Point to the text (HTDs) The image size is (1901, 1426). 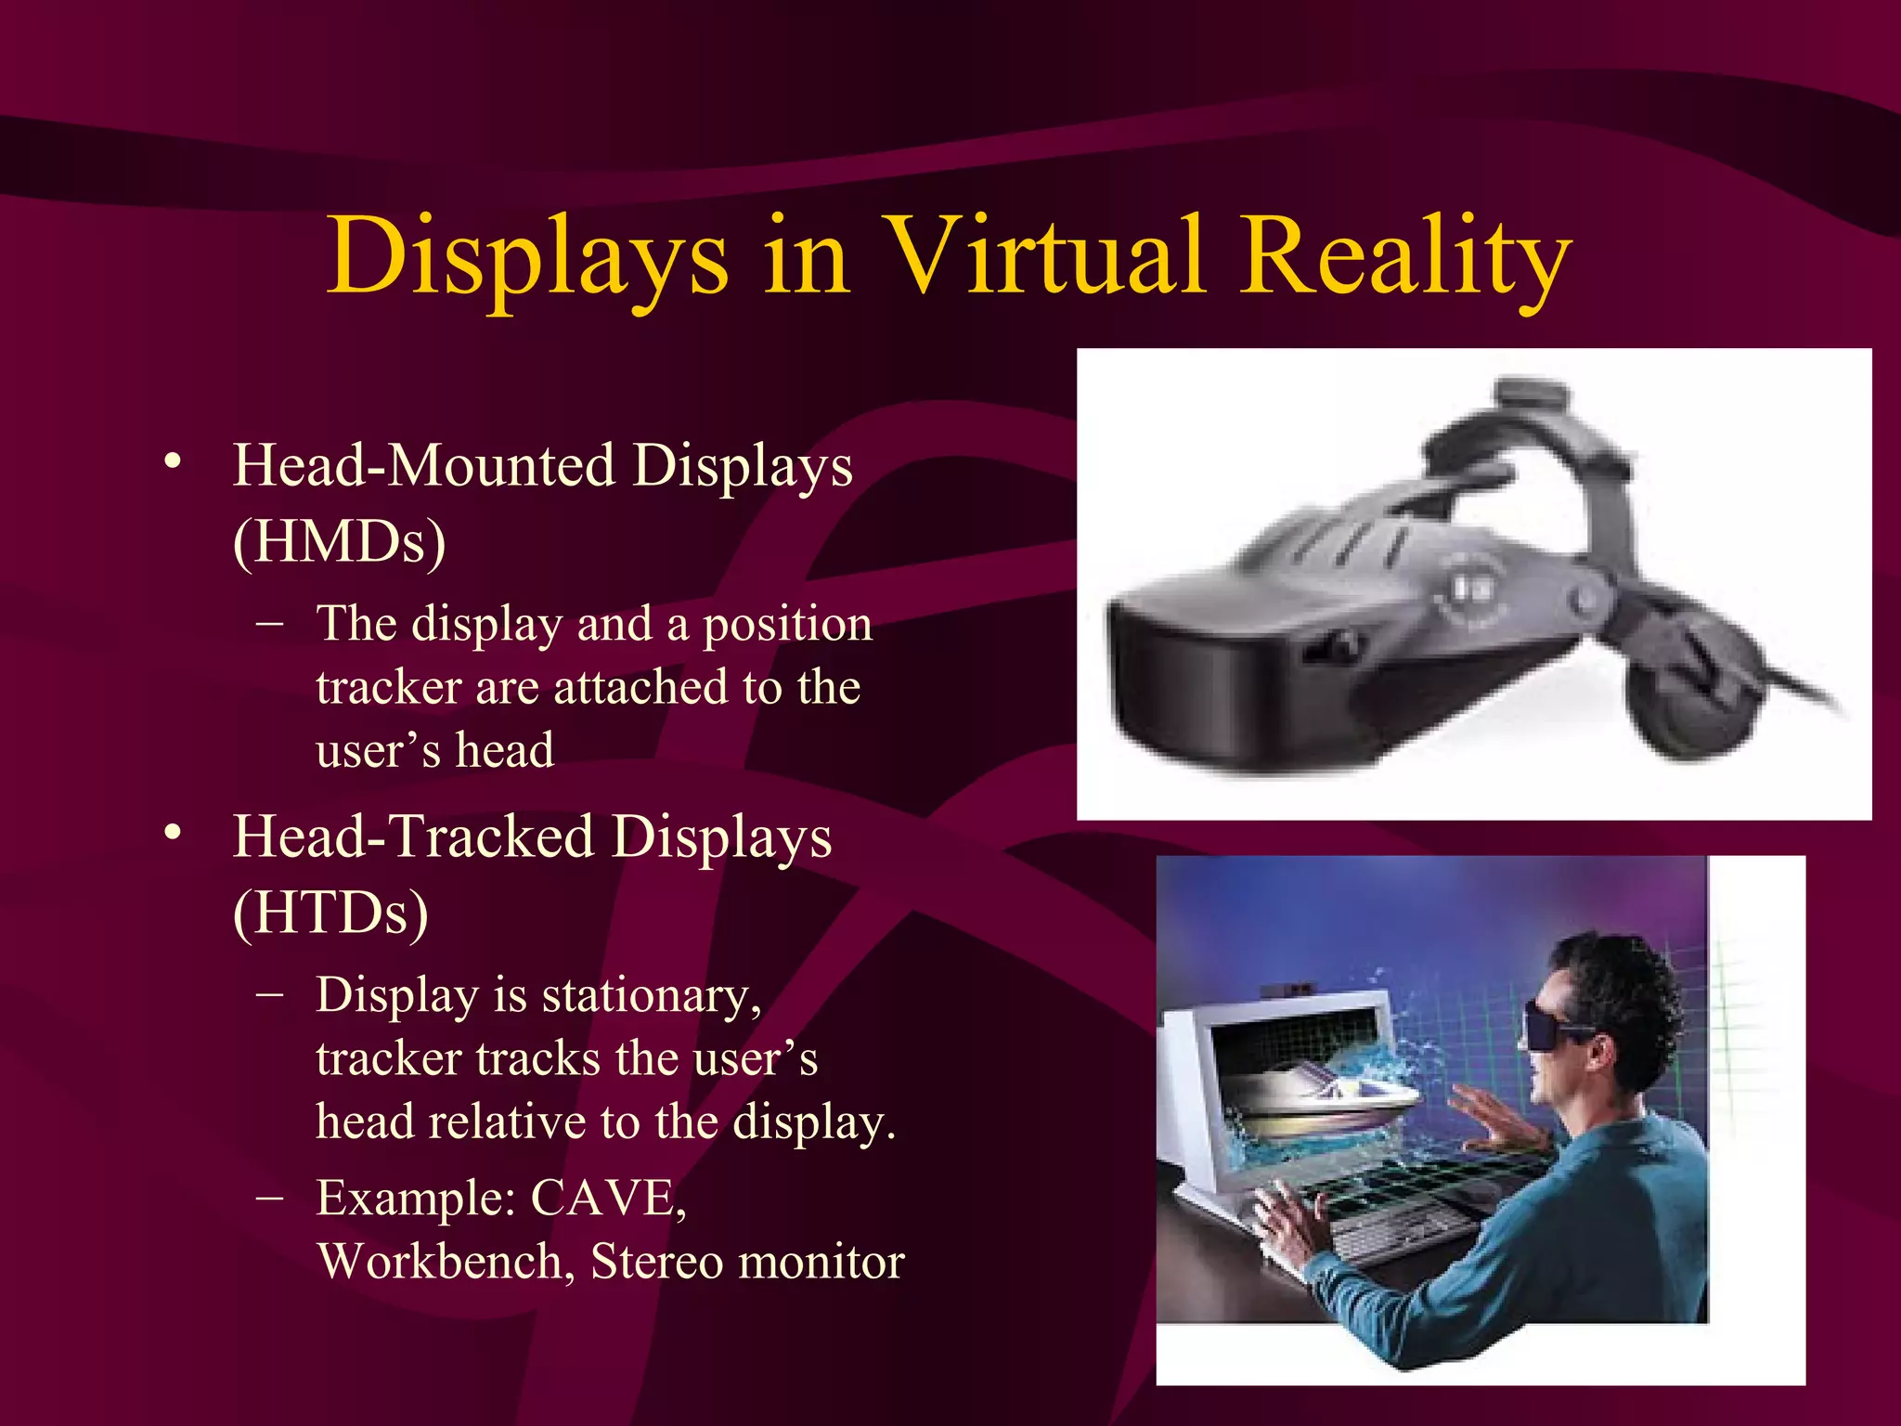point(331,913)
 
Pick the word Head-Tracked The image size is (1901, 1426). point(413,836)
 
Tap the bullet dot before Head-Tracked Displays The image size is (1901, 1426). point(172,834)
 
